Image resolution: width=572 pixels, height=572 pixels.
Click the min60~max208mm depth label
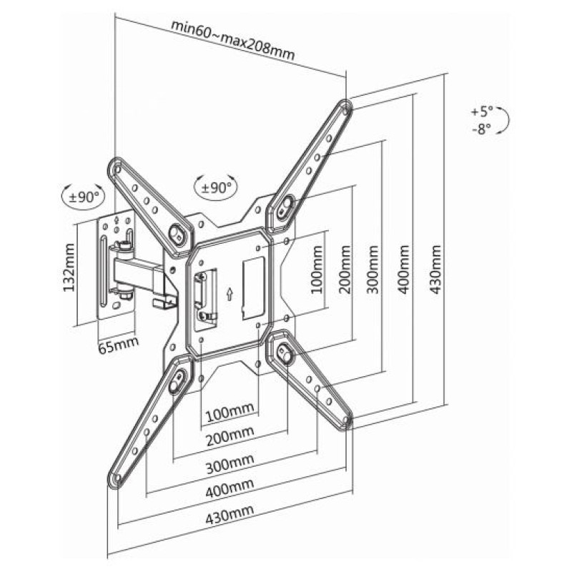pos(232,41)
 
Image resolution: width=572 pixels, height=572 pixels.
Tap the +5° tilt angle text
pos(483,112)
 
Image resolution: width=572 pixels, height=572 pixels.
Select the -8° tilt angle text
pos(483,129)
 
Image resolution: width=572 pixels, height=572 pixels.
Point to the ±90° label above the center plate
pos(215,187)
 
